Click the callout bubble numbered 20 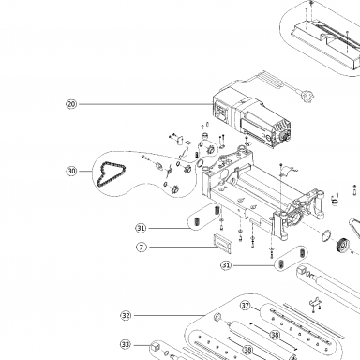pyautogui.click(x=71, y=104)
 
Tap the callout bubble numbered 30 pyautogui.click(x=71, y=171)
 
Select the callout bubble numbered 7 pyautogui.click(x=142, y=247)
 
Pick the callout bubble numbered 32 pyautogui.click(x=126, y=316)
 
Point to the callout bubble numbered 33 pyautogui.click(x=126, y=344)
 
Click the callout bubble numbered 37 pyautogui.click(x=246, y=305)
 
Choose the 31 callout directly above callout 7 pyautogui.click(x=141, y=228)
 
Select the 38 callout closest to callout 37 pyautogui.click(x=275, y=335)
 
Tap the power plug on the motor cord pyautogui.click(x=307, y=96)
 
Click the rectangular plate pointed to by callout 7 pyautogui.click(x=222, y=242)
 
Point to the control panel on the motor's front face pyautogui.click(x=222, y=112)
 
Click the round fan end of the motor pyautogui.click(x=284, y=135)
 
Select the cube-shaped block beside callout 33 pyautogui.click(x=155, y=346)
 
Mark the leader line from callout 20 pyautogui.click(x=146, y=104)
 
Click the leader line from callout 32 pyautogui.click(x=169, y=316)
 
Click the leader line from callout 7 pyautogui.click(x=182, y=247)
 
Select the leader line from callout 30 pyautogui.click(x=84, y=171)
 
